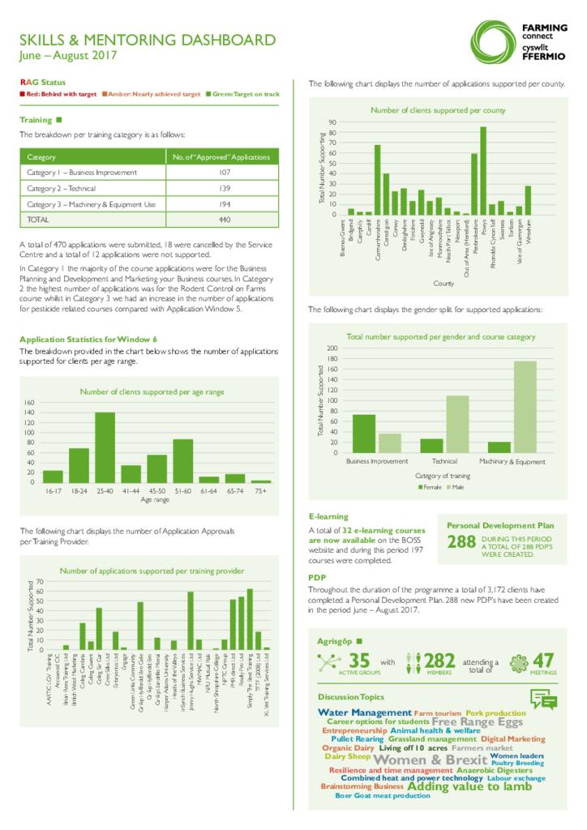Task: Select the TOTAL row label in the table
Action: (39, 219)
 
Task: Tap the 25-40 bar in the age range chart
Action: (105, 447)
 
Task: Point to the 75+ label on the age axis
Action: (260, 491)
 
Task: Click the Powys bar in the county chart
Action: (483, 171)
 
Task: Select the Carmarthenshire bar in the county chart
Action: (377, 180)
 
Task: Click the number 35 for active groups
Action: (359, 661)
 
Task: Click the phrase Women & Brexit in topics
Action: (419, 759)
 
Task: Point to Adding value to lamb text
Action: (469, 786)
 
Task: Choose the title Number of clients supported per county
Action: (438, 110)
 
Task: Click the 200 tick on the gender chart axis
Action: (331, 349)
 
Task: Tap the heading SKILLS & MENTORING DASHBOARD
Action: (147, 40)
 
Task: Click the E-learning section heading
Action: (328, 516)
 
